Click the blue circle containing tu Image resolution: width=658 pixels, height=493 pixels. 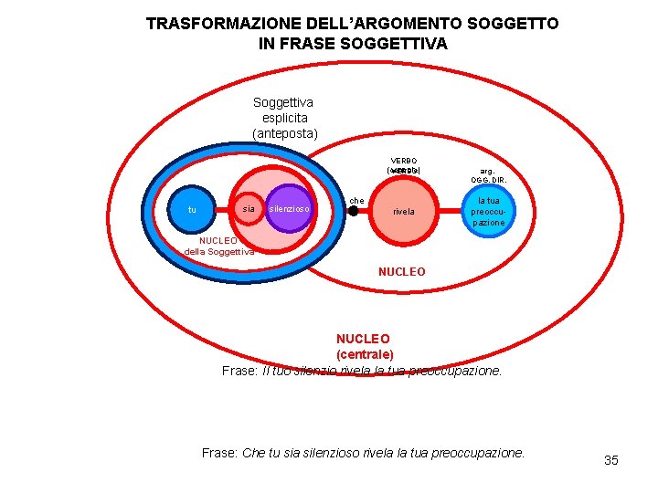click(x=192, y=210)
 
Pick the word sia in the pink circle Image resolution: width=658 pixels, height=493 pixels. click(x=248, y=209)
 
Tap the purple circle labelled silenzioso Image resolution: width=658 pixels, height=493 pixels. click(x=291, y=210)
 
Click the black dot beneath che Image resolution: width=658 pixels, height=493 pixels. click(x=354, y=211)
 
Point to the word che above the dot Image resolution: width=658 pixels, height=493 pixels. click(x=357, y=200)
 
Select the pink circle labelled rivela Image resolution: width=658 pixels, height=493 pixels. click(x=404, y=211)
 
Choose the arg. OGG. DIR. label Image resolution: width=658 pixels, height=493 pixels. click(x=488, y=175)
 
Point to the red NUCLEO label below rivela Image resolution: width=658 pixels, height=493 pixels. click(x=401, y=271)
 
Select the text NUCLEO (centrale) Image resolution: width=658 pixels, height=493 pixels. click(x=364, y=346)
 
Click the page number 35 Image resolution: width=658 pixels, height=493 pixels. click(x=611, y=460)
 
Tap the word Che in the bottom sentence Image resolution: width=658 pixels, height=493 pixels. click(x=255, y=453)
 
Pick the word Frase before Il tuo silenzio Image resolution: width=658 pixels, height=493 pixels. click(x=240, y=371)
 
